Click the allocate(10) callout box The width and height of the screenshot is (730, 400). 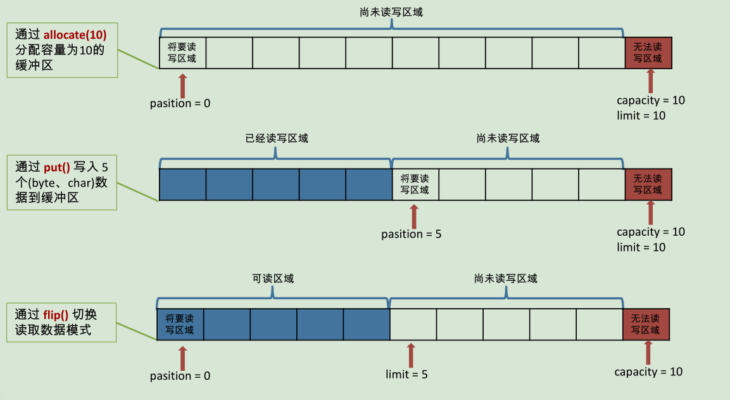coord(62,51)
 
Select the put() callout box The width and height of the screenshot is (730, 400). coord(62,183)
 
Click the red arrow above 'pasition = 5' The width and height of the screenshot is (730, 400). coord(415,216)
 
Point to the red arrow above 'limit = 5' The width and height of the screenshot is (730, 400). coord(411,356)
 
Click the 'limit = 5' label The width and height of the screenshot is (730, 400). coord(406,375)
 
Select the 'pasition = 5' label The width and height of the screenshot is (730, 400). coord(411,235)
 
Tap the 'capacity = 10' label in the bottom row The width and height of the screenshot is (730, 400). coord(648,372)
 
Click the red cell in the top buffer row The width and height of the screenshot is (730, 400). coord(648,53)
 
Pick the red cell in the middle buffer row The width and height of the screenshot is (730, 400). coord(648,184)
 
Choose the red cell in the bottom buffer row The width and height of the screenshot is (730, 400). coord(645,325)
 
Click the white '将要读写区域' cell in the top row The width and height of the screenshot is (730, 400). coord(182,53)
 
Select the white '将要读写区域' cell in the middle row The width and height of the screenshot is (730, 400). coord(415,184)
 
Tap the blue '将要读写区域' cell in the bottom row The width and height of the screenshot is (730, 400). coord(180,325)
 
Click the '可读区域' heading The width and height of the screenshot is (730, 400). coord(273,279)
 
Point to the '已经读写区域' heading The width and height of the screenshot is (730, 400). coord(277,138)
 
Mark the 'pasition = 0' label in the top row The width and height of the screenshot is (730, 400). coord(180,103)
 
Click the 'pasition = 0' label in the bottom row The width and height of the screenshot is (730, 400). coord(180,376)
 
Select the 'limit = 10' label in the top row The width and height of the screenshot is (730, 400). coord(641,115)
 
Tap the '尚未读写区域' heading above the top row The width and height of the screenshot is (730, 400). coord(391,11)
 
